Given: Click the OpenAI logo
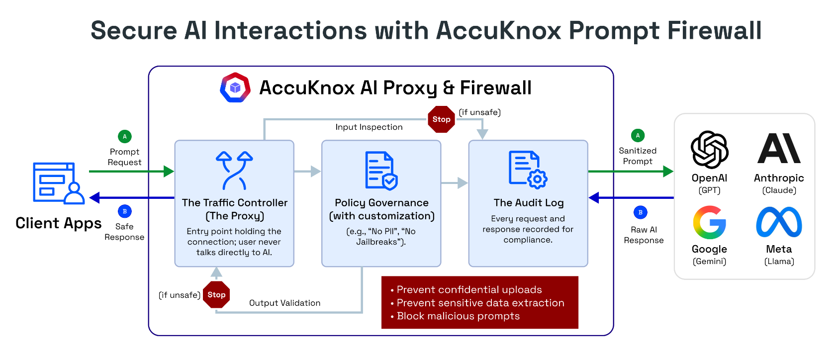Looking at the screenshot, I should tap(709, 150).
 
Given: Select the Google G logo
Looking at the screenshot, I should tap(709, 222).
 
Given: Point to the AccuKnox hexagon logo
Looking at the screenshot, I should tap(235, 88).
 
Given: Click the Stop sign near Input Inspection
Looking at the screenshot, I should tap(441, 119).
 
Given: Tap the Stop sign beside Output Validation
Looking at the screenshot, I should tap(216, 295).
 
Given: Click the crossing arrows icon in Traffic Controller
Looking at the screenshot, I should tap(234, 171).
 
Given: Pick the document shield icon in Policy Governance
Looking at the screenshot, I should tap(381, 171).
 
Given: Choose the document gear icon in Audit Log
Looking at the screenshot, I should tap(528, 170).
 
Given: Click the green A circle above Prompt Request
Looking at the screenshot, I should tap(124, 136).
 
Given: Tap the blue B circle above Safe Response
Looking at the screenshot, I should tap(124, 211).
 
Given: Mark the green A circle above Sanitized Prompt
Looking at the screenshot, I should tap(638, 135).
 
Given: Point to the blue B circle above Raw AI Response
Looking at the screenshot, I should tap(640, 212).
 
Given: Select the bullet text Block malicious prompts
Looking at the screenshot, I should tap(458, 316).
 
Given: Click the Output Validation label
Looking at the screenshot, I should tap(284, 303).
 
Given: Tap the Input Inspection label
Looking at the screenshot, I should tap(369, 127).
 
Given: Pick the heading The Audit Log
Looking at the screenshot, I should tap(528, 203).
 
